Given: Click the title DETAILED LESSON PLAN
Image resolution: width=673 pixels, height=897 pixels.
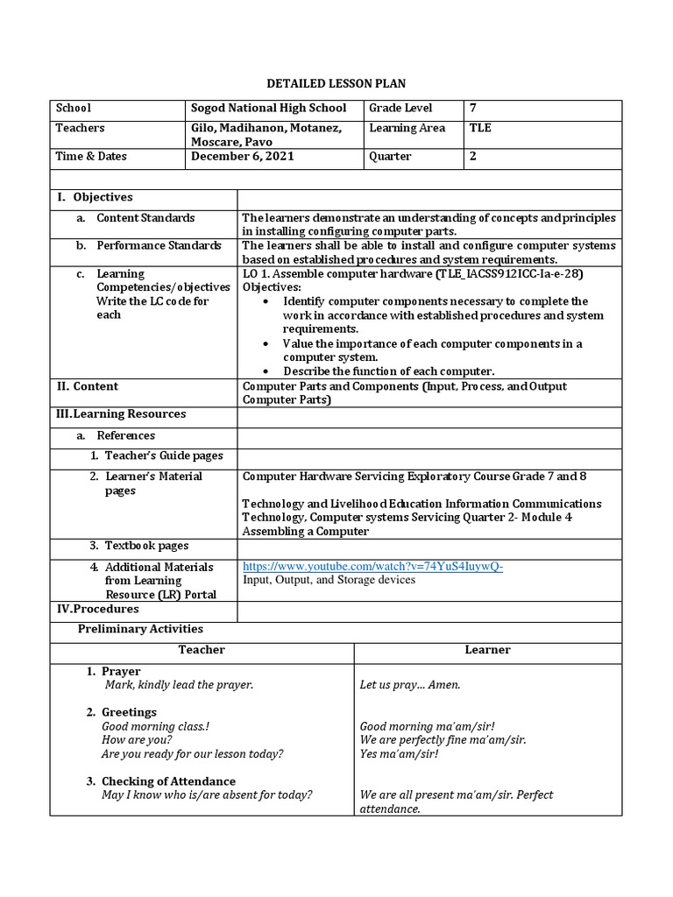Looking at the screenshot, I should tap(336, 83).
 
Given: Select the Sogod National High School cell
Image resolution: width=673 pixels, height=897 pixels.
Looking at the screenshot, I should tap(269, 109).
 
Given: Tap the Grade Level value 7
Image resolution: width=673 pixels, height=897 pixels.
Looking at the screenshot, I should tap(473, 109).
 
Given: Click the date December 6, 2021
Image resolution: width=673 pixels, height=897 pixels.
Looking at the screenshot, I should tap(243, 157).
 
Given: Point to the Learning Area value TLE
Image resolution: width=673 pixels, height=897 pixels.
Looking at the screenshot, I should tap(480, 129).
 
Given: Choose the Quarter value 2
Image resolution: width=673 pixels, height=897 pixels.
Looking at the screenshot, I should tap(473, 157).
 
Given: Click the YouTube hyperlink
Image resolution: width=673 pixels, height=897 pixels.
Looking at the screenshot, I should tap(372, 567).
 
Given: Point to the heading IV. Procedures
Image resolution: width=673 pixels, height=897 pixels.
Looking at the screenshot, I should tap(97, 609).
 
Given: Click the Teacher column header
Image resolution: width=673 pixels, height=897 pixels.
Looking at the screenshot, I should tap(202, 650).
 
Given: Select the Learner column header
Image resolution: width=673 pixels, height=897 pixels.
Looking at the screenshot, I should tap(487, 650).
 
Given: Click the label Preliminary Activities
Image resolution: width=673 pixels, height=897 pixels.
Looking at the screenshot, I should tap(140, 629).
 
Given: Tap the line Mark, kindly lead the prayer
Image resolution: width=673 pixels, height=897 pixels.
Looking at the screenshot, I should tap(178, 685).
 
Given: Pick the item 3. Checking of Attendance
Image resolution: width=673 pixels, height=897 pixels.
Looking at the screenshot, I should tap(168, 781).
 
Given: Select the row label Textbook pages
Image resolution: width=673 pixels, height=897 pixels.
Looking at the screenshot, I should tap(146, 546).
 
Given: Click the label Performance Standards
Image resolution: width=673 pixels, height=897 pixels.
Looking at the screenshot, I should tap(159, 246).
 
